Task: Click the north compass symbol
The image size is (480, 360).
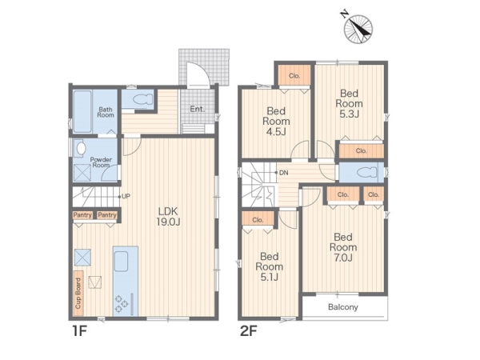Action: point(358,28)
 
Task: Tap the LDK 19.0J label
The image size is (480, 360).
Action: point(168,216)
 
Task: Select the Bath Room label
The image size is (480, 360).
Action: point(106,112)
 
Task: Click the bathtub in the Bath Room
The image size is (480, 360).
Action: point(82,111)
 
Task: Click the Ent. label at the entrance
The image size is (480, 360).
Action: point(197,109)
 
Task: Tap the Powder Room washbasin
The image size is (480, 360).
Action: point(81,148)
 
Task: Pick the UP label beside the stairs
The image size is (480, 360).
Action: point(126,196)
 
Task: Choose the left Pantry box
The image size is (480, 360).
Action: point(82,215)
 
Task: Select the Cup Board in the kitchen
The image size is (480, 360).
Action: point(78,294)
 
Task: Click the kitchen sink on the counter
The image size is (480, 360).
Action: point(122,261)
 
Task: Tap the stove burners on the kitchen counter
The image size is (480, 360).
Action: point(122,302)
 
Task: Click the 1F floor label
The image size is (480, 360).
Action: point(79,331)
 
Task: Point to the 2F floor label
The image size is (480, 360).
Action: point(248,331)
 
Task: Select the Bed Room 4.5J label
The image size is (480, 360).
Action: point(276,122)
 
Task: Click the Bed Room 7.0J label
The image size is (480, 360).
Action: point(343,247)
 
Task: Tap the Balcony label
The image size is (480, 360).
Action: point(343,306)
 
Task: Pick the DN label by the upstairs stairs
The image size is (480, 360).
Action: point(284,173)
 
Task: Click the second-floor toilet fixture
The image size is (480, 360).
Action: point(366,172)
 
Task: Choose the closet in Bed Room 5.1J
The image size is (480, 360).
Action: point(258,220)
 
